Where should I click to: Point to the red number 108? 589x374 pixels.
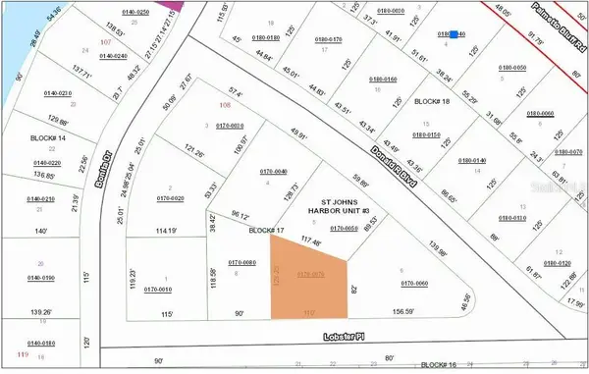click(x=225, y=105)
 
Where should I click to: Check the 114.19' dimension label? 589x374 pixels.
click(x=171, y=232)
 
